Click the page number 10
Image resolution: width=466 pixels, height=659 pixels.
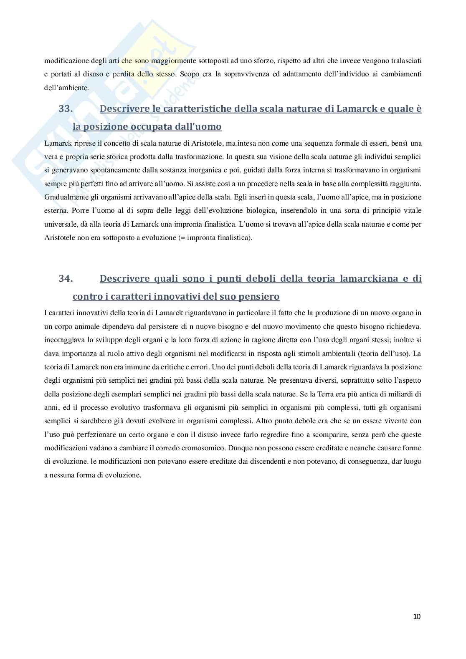point(417,616)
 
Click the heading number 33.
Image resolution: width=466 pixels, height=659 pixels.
point(66,109)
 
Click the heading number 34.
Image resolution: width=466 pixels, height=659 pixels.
point(66,278)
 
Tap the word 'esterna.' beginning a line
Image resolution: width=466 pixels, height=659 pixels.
point(56,211)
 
